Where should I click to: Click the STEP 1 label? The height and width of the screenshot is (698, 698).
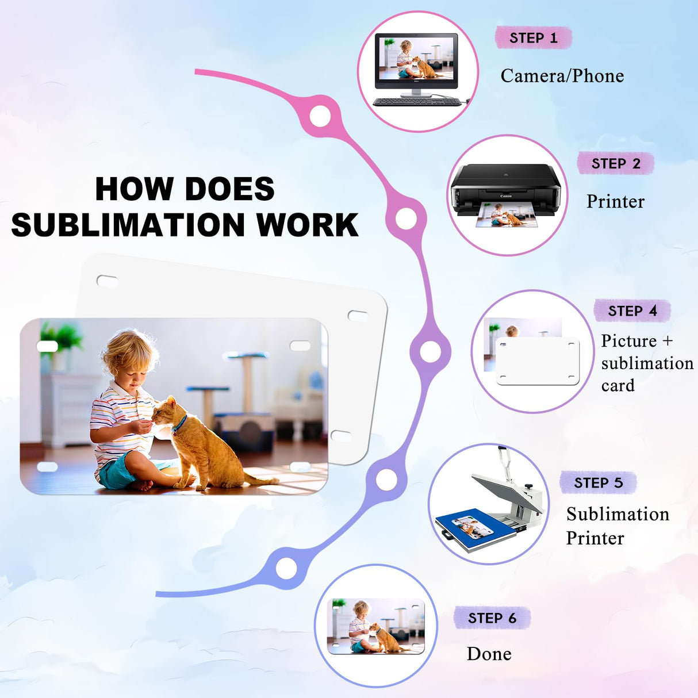coord(533,38)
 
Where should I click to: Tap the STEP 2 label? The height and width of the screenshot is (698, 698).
coord(616,163)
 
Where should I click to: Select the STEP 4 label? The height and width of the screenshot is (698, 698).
coord(632,311)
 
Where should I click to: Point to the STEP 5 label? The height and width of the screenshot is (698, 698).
coord(599,483)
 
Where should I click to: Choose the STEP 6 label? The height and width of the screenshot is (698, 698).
coord(492,618)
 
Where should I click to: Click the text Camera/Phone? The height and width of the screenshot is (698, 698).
coord(562,76)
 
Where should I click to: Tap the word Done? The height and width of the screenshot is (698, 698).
coord(489,654)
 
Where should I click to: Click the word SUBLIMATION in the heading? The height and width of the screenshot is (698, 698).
coord(128,225)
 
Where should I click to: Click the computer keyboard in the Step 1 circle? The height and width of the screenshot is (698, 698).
coord(417,102)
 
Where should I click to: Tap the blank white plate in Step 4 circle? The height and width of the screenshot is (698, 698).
coord(538,360)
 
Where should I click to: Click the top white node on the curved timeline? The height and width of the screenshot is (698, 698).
coord(320,116)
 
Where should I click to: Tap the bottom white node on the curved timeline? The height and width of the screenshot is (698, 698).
coord(286,568)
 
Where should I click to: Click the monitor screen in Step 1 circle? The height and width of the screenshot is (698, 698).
coord(416,59)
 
